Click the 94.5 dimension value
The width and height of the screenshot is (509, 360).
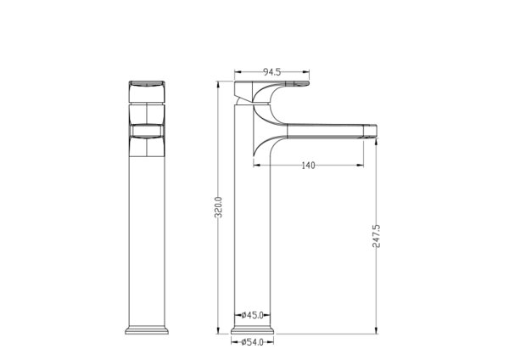271,72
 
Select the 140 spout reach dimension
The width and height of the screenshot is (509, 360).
308,166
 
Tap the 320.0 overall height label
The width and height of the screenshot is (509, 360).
219,207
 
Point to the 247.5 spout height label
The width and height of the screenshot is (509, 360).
376,236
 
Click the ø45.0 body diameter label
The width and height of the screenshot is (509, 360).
252,315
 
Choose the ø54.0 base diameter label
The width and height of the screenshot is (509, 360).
252,342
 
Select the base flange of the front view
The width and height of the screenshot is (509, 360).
147,329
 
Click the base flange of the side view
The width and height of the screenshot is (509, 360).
252,329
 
